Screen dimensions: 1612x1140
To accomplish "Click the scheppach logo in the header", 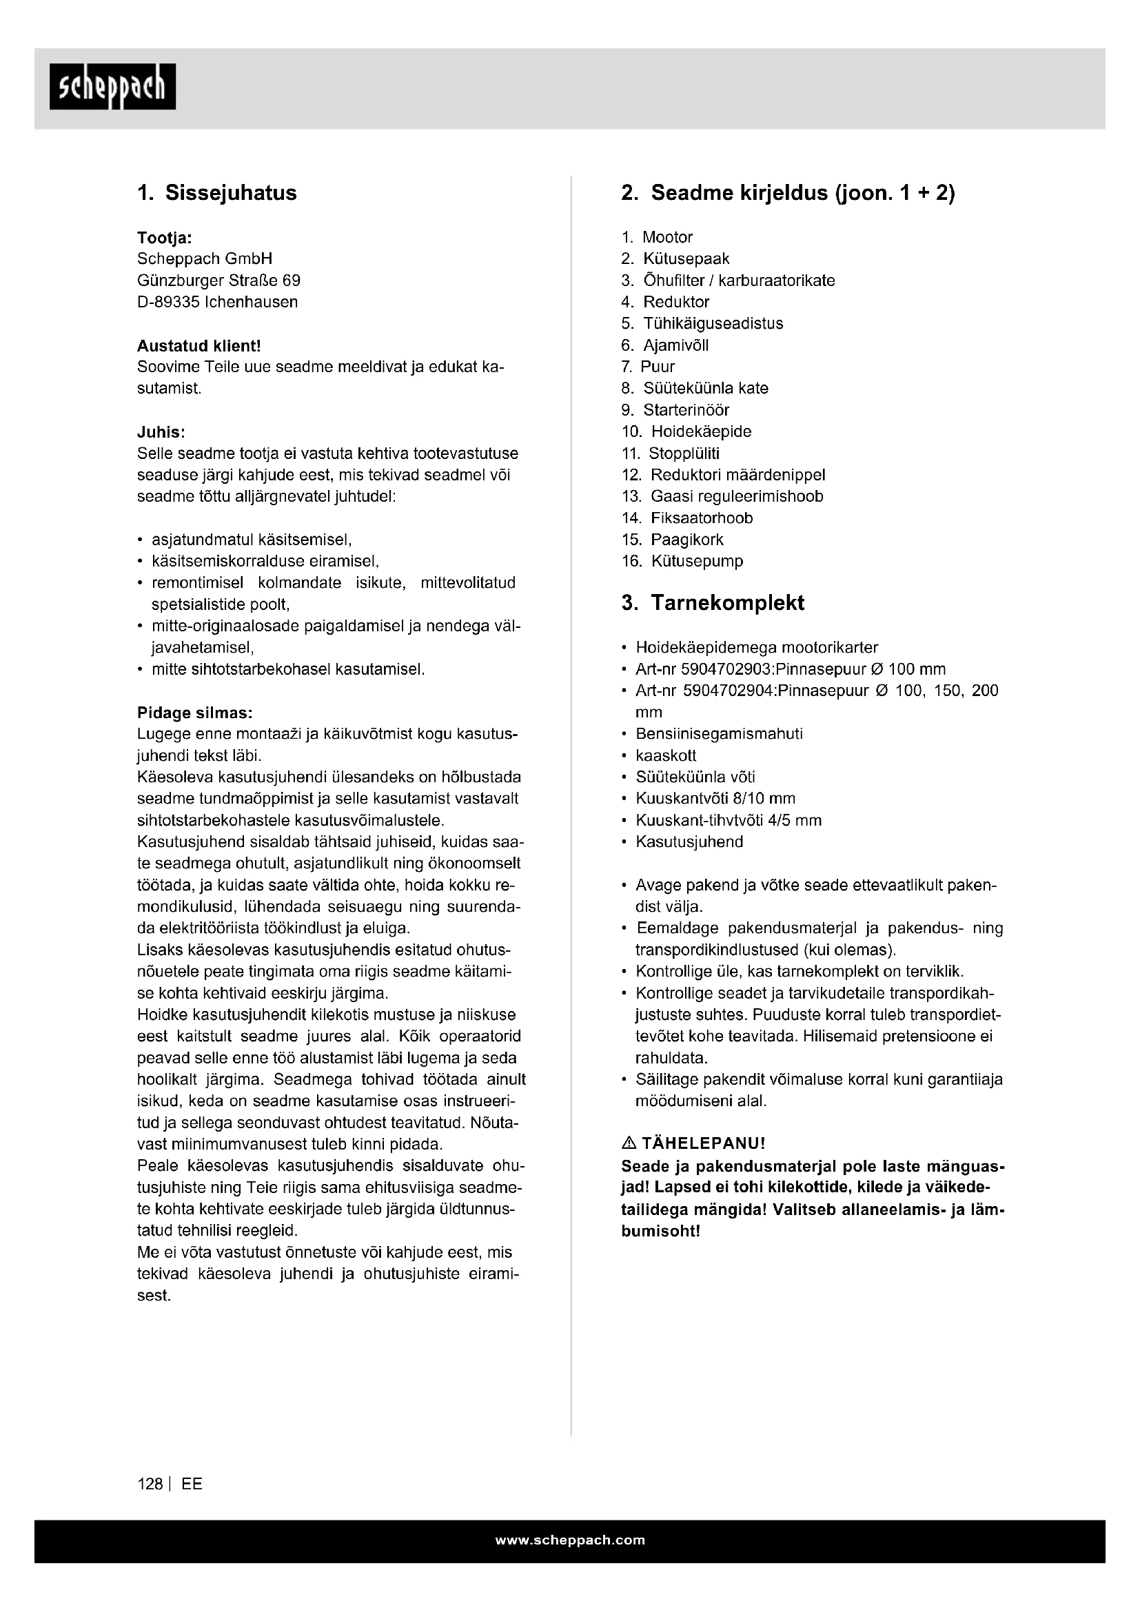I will click(x=112, y=86).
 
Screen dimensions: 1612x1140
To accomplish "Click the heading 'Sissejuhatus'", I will click(x=230, y=193).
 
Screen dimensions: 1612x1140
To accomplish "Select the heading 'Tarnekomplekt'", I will click(x=727, y=603).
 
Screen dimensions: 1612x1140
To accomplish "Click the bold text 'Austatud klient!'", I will click(x=199, y=345).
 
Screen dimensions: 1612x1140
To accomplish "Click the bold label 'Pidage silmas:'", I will click(x=194, y=713).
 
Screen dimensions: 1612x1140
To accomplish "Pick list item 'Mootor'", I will click(x=668, y=237).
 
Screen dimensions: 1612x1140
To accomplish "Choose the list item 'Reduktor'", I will click(x=676, y=302).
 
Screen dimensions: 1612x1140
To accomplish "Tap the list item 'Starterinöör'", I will click(x=686, y=410).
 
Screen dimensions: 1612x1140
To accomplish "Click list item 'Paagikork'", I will click(x=686, y=540).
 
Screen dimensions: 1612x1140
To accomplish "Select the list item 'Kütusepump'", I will click(x=696, y=561).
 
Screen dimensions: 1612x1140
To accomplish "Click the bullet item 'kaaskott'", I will click(x=666, y=755).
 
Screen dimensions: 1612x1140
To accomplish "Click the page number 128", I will click(x=150, y=1485).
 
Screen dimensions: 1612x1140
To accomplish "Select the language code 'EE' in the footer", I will click(x=192, y=1485).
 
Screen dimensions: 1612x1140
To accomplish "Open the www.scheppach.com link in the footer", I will click(x=570, y=1540).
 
